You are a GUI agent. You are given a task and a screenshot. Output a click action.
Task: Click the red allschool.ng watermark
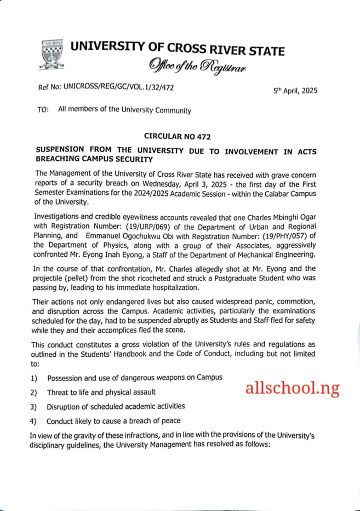pos(292,388)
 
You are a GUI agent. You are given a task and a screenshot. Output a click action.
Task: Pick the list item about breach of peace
pos(113,421)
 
